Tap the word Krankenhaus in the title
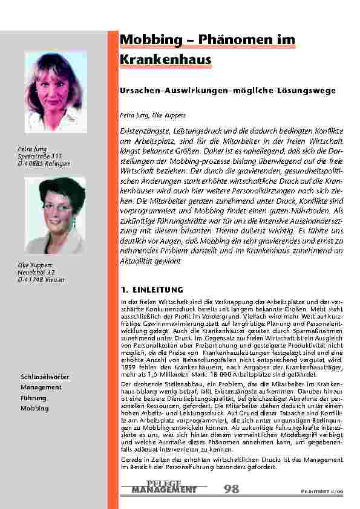[166, 60]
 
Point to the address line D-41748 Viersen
[42, 279]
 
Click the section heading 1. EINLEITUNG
[148, 290]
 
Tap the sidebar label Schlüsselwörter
[45, 377]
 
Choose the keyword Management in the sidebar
[41, 387]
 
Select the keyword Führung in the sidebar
[33, 398]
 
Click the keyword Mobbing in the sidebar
[34, 409]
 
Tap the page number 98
[231, 488]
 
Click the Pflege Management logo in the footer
[164, 487]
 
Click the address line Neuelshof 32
[39, 273]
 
